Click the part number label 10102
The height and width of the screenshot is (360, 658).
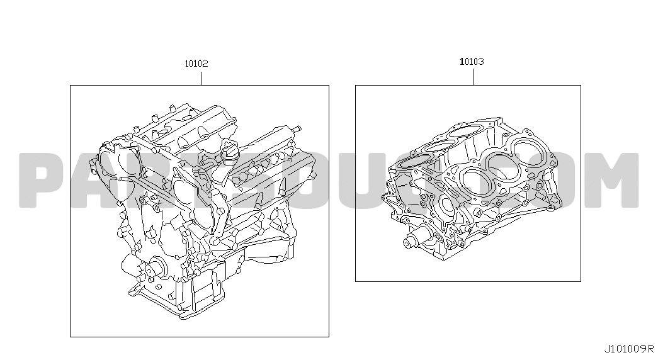[196, 64]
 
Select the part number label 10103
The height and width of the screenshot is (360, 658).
[472, 62]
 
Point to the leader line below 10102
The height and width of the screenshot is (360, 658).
[201, 79]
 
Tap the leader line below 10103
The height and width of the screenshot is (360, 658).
[474, 77]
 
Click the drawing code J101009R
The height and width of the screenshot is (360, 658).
[629, 349]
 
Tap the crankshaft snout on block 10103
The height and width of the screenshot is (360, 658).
[413, 239]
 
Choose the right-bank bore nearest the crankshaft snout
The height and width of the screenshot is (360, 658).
[476, 182]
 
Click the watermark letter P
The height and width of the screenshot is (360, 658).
[44, 181]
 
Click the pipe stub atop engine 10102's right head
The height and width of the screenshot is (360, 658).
[297, 128]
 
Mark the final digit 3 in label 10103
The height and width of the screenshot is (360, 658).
[481, 62]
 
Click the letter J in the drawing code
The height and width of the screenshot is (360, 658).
[607, 349]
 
